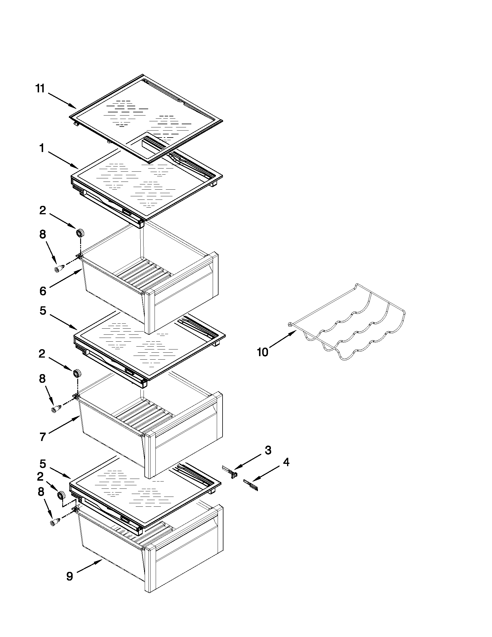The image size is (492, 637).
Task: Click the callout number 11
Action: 40,88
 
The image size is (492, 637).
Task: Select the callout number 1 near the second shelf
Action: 42,148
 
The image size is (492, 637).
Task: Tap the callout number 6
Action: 43,291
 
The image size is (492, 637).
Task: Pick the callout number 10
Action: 262,352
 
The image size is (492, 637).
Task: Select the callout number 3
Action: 268,450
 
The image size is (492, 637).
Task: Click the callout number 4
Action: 286,462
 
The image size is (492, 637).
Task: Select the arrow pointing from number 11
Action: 62,101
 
